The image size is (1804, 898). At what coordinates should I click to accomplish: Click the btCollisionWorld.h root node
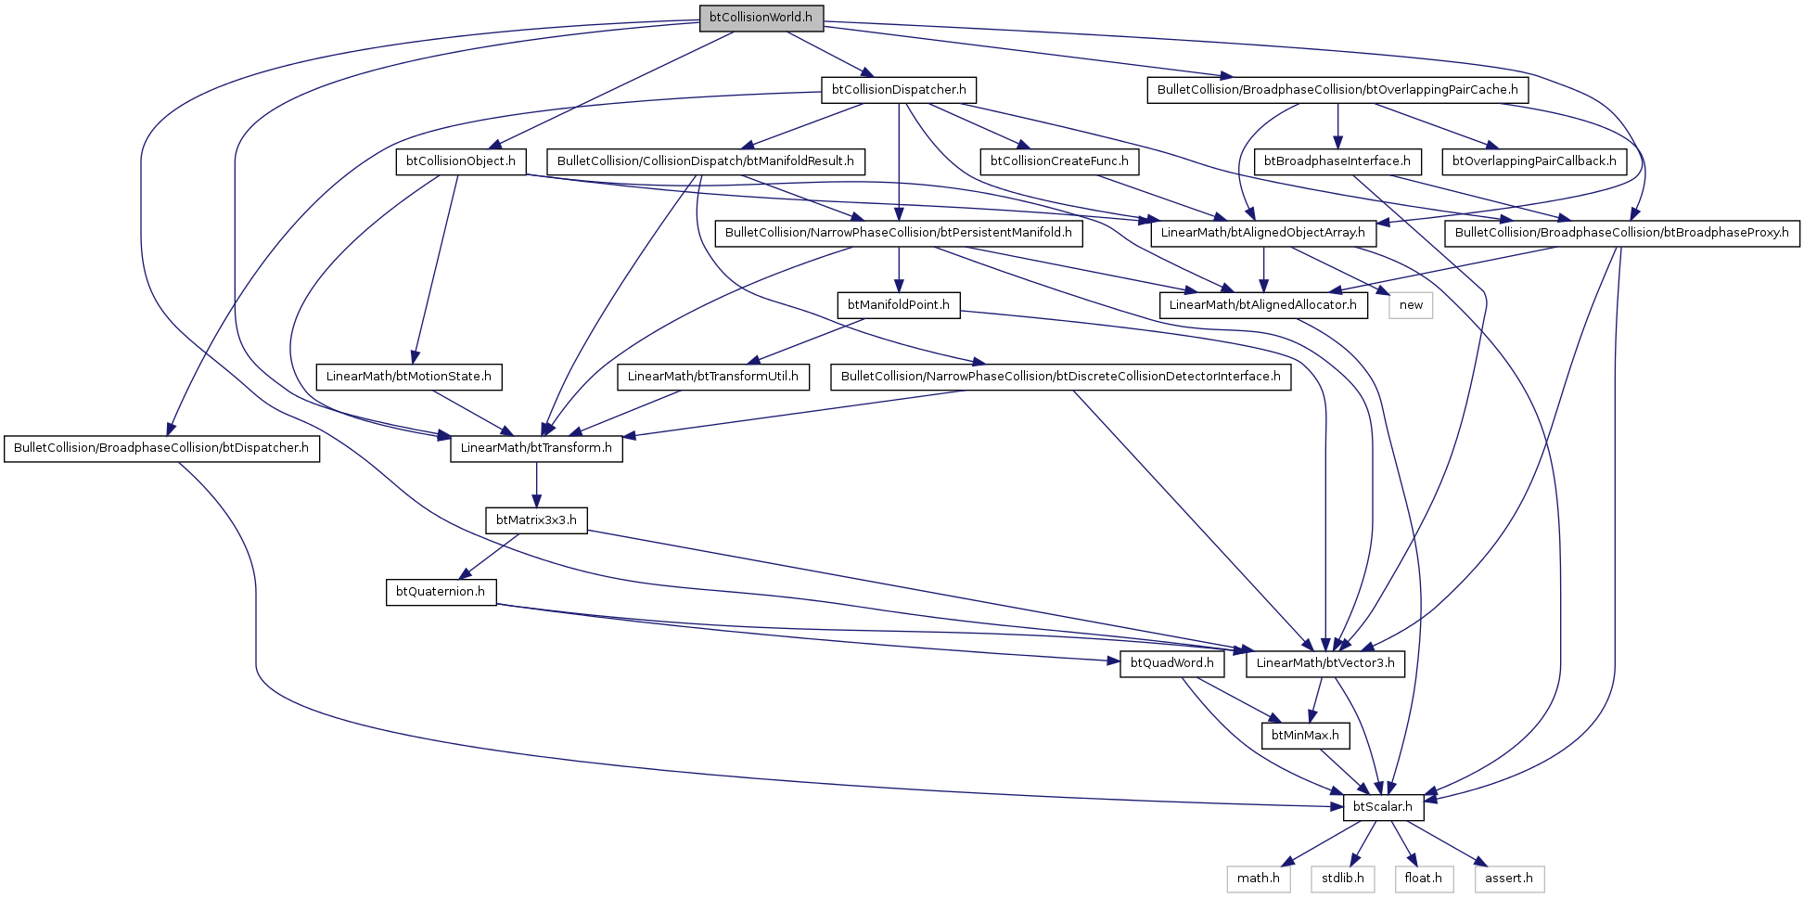point(761,18)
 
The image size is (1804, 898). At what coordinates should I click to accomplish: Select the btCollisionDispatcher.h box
point(899,90)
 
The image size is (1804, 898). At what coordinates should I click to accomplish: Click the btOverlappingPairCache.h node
point(1337,90)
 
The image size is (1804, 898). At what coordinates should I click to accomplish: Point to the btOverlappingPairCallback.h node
point(1533,161)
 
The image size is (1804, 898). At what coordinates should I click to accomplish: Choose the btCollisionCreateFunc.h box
point(1059,161)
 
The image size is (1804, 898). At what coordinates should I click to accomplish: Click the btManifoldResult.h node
point(705,161)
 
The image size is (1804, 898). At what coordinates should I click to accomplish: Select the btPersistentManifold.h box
point(898,233)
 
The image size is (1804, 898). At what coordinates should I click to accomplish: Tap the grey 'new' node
point(1411,305)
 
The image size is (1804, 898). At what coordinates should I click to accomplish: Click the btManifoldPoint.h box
point(898,305)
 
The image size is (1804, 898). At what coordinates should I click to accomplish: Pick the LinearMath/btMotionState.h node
point(409,377)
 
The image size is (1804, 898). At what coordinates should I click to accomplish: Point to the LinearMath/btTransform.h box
point(536,448)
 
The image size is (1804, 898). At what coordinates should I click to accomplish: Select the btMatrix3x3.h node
point(536,520)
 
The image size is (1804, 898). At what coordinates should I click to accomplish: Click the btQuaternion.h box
point(441,592)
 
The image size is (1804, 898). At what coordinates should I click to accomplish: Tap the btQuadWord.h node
point(1171,663)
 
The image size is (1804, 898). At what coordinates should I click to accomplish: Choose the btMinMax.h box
point(1305,736)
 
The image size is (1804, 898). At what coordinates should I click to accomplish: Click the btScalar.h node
point(1383,807)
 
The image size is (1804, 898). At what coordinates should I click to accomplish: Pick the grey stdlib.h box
point(1342,879)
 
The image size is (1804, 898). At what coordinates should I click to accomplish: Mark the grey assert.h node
point(1509,879)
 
